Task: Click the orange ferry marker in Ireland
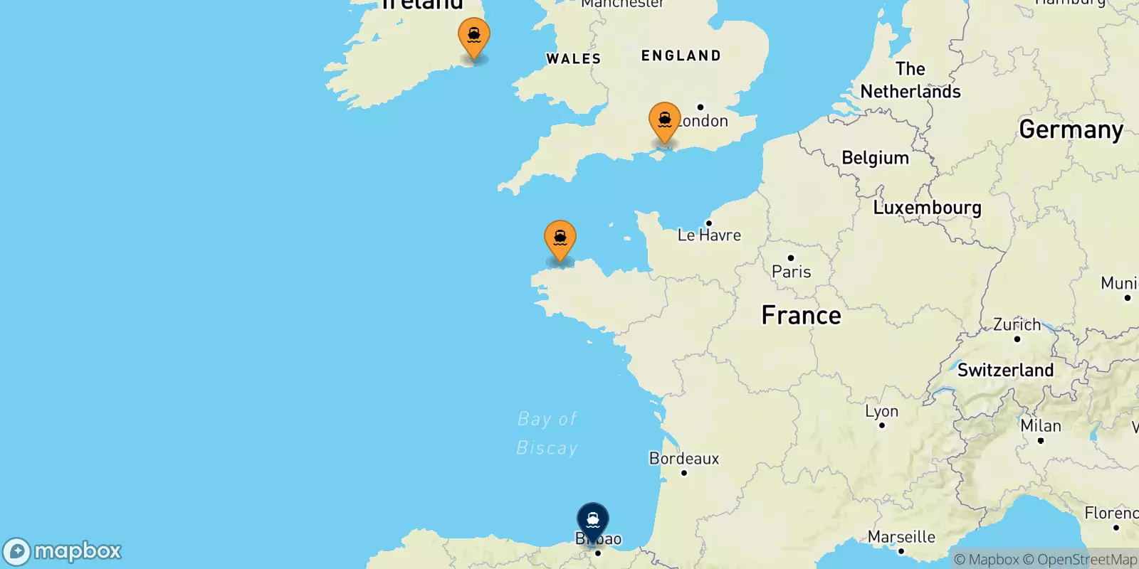(474, 36)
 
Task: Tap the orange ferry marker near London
(664, 121)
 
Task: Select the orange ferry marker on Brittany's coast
(560, 239)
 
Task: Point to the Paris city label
(791, 271)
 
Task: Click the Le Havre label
(709, 235)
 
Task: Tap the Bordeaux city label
(684, 459)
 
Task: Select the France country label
(801, 315)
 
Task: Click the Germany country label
(1071, 129)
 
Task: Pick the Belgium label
(875, 158)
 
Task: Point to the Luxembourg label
(927, 208)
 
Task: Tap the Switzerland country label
(1005, 370)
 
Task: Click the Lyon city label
(881, 411)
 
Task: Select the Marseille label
(901, 537)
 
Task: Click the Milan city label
(1040, 426)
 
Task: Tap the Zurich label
(1017, 325)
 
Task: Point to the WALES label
(573, 59)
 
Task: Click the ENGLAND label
(681, 55)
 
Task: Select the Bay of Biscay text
(547, 433)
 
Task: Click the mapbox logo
(63, 551)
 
